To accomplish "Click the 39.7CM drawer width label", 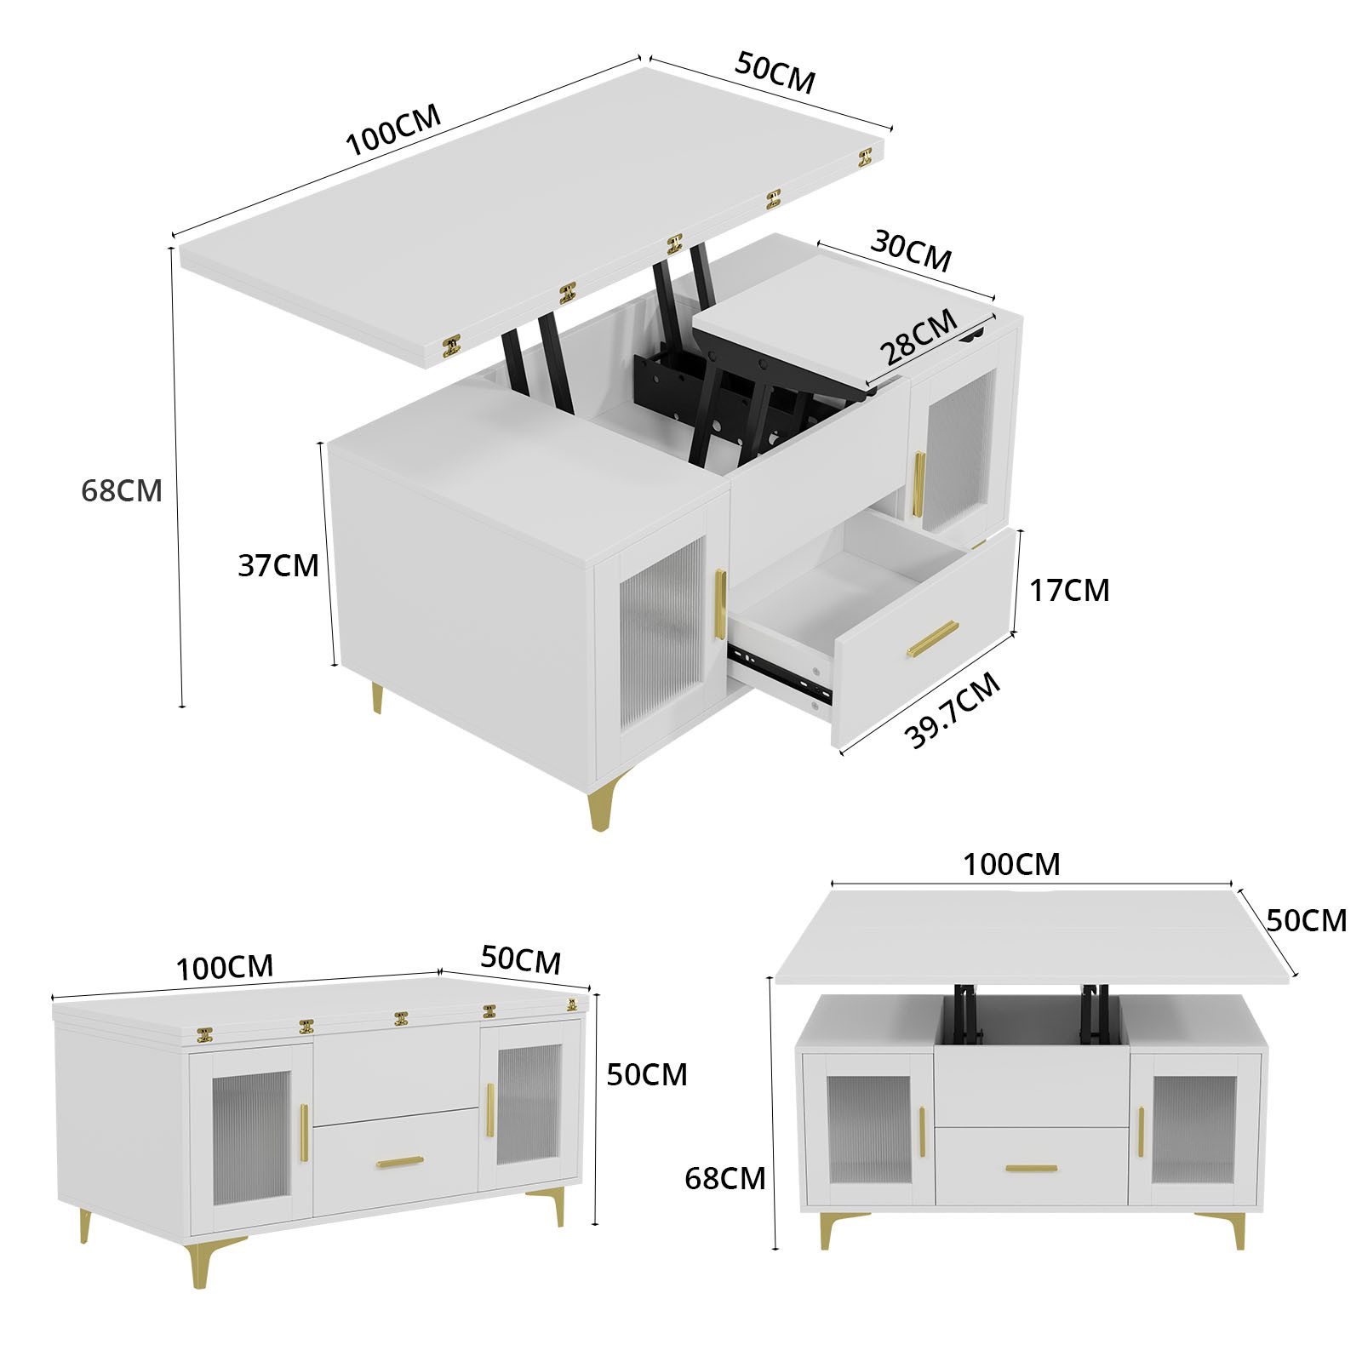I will click(953, 711).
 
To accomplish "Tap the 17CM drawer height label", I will click(1069, 590).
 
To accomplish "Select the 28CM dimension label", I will click(917, 338).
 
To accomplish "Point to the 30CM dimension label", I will click(910, 252).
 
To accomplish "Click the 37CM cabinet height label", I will click(278, 565).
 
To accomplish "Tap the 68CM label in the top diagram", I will click(121, 490).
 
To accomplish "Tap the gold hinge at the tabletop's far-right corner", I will click(866, 156).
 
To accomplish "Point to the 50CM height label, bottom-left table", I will click(646, 1074).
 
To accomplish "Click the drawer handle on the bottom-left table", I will click(400, 1161).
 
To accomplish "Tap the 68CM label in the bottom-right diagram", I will click(724, 1178).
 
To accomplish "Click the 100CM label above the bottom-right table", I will click(1011, 864).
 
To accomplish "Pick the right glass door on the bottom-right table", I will click(1193, 1129).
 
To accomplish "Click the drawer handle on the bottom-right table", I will click(1031, 1169).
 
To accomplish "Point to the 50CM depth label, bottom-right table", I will click(1306, 920).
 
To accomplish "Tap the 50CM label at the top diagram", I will click(775, 73).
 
